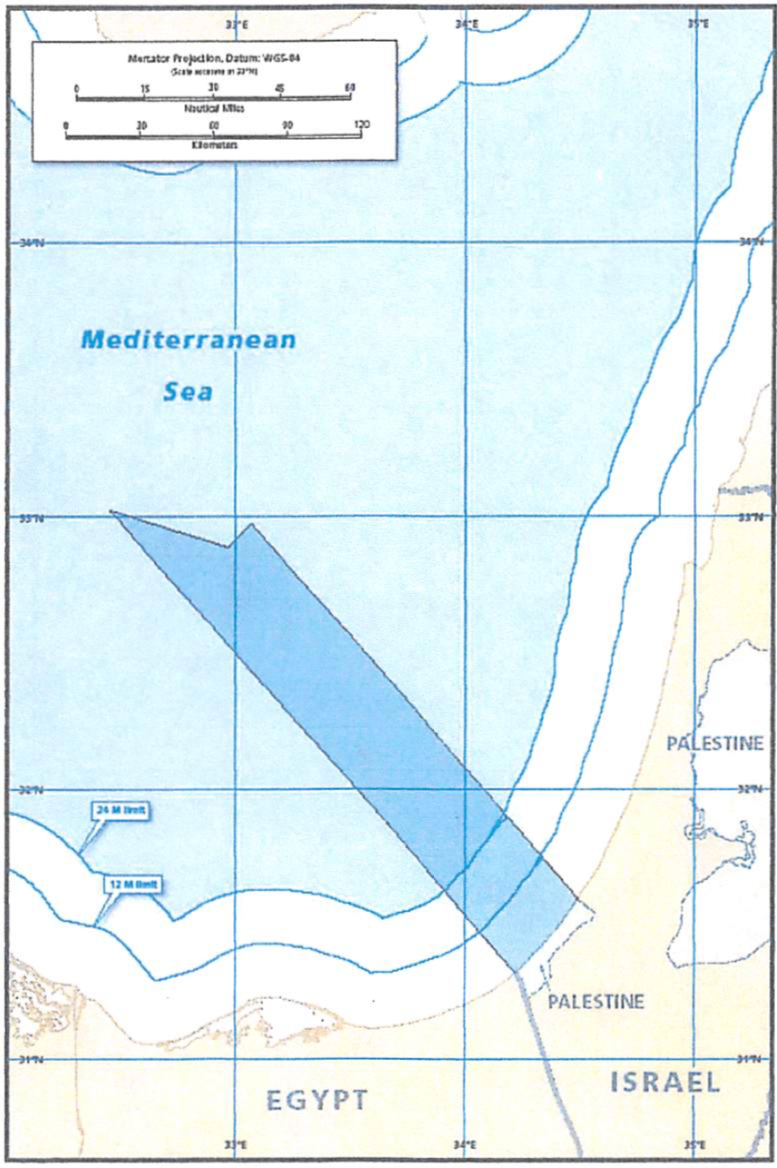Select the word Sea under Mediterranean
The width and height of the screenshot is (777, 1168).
[188, 392]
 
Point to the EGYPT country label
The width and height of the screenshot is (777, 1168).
[318, 1100]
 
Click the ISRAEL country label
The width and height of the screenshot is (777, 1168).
[664, 1082]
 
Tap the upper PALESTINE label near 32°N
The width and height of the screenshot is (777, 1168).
[714, 744]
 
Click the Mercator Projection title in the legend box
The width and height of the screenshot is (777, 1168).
[214, 57]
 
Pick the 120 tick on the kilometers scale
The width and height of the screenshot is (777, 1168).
[360, 124]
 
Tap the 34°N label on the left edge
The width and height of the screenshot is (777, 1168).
[30, 243]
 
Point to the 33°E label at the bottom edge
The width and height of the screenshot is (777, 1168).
[236, 1144]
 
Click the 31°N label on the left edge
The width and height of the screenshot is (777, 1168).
[30, 1059]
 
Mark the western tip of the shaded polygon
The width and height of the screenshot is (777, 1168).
[111, 511]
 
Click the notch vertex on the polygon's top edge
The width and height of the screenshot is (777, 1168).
[228, 547]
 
